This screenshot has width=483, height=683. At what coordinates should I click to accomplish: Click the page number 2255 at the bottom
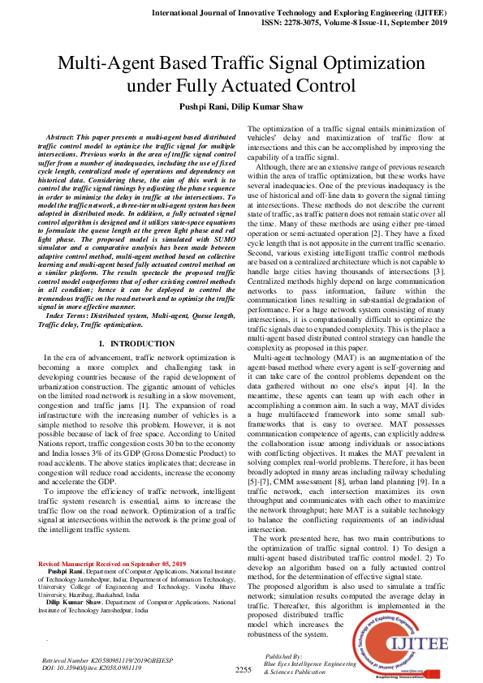244,670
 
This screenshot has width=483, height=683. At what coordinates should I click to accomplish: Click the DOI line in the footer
86,666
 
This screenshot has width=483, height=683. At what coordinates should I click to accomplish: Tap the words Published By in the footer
283,655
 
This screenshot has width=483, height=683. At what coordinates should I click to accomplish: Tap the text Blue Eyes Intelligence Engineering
312,664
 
